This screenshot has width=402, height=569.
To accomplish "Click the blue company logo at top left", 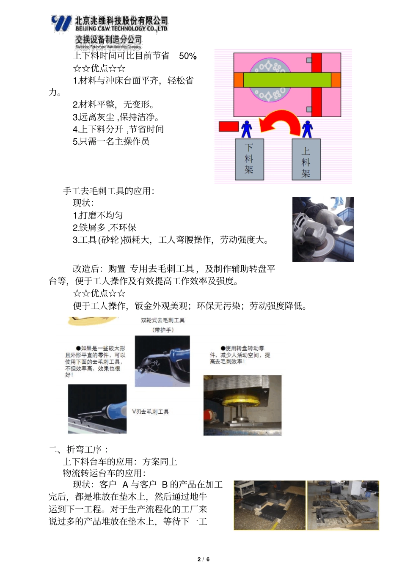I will coord(61,24).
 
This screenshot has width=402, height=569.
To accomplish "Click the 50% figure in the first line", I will coord(187,56).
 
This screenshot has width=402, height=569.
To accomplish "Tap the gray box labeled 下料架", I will coord(249,159).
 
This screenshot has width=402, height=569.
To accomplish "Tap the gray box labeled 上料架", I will coord(306,159).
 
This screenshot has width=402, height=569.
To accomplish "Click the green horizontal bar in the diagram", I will coord(287,80).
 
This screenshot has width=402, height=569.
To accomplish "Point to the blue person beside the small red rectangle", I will coord(246,129).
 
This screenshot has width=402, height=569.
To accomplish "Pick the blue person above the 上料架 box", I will coord(307,129).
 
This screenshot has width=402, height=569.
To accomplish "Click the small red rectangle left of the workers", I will coord(229,126).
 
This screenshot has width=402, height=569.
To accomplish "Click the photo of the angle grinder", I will coord(323,229).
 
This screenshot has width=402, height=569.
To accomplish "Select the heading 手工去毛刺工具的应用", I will coord(108,191).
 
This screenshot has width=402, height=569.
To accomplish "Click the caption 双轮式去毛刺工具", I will coord(162,320).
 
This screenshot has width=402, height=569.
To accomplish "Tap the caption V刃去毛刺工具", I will coord(150,412).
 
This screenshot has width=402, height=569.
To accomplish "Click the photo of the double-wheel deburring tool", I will coord(162,361).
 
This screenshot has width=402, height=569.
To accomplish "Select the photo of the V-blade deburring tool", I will coord(97,409).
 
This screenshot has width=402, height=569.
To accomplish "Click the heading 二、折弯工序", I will coord(78,449).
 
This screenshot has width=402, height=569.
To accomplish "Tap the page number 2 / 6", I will coord(204,559).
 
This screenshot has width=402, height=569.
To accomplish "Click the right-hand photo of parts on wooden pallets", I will coord(343,505).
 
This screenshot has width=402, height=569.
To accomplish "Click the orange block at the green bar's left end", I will coord(238,80).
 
